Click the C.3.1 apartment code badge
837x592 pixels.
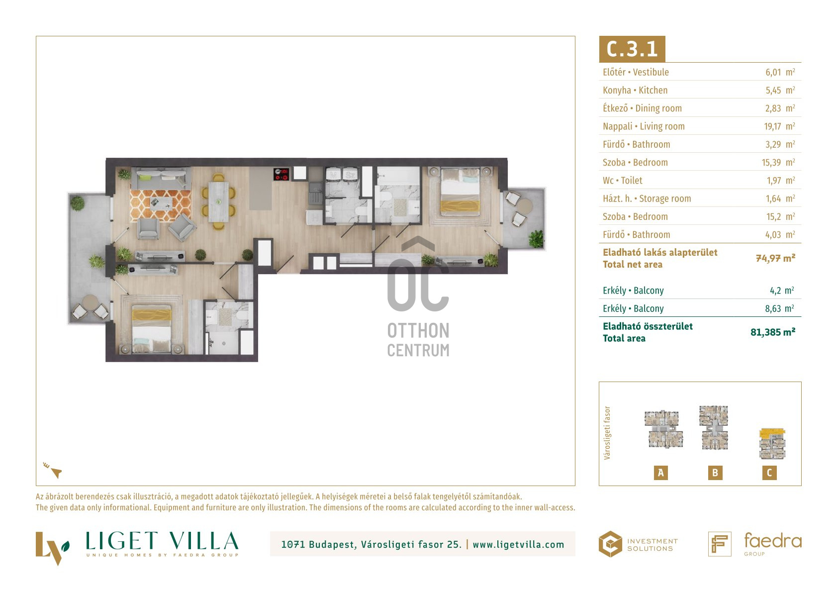(x=632, y=49)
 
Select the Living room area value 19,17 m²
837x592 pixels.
(x=779, y=126)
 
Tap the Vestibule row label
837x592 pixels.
(x=636, y=72)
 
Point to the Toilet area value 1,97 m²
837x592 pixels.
(x=781, y=181)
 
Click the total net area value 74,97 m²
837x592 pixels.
(x=775, y=258)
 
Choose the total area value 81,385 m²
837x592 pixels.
(x=773, y=332)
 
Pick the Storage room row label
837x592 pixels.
(x=647, y=198)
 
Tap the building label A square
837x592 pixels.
(x=660, y=473)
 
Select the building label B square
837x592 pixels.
(x=715, y=473)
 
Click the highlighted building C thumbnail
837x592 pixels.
(x=772, y=444)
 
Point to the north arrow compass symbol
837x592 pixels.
(x=53, y=470)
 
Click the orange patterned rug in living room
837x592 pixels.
(x=160, y=205)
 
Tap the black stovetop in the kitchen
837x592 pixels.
(x=281, y=174)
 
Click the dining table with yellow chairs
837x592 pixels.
(x=219, y=202)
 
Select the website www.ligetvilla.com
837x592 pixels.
(x=518, y=545)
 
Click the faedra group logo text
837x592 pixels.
(x=773, y=544)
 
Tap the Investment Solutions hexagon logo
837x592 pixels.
(x=610, y=544)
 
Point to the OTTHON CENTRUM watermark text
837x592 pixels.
(x=418, y=340)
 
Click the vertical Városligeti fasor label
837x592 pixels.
(x=607, y=433)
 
